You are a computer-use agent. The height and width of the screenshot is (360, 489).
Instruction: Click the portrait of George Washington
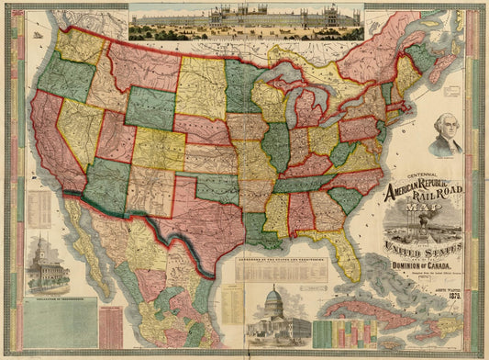click(x=446, y=136)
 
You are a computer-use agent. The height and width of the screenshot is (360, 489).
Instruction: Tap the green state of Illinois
click(x=275, y=147)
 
